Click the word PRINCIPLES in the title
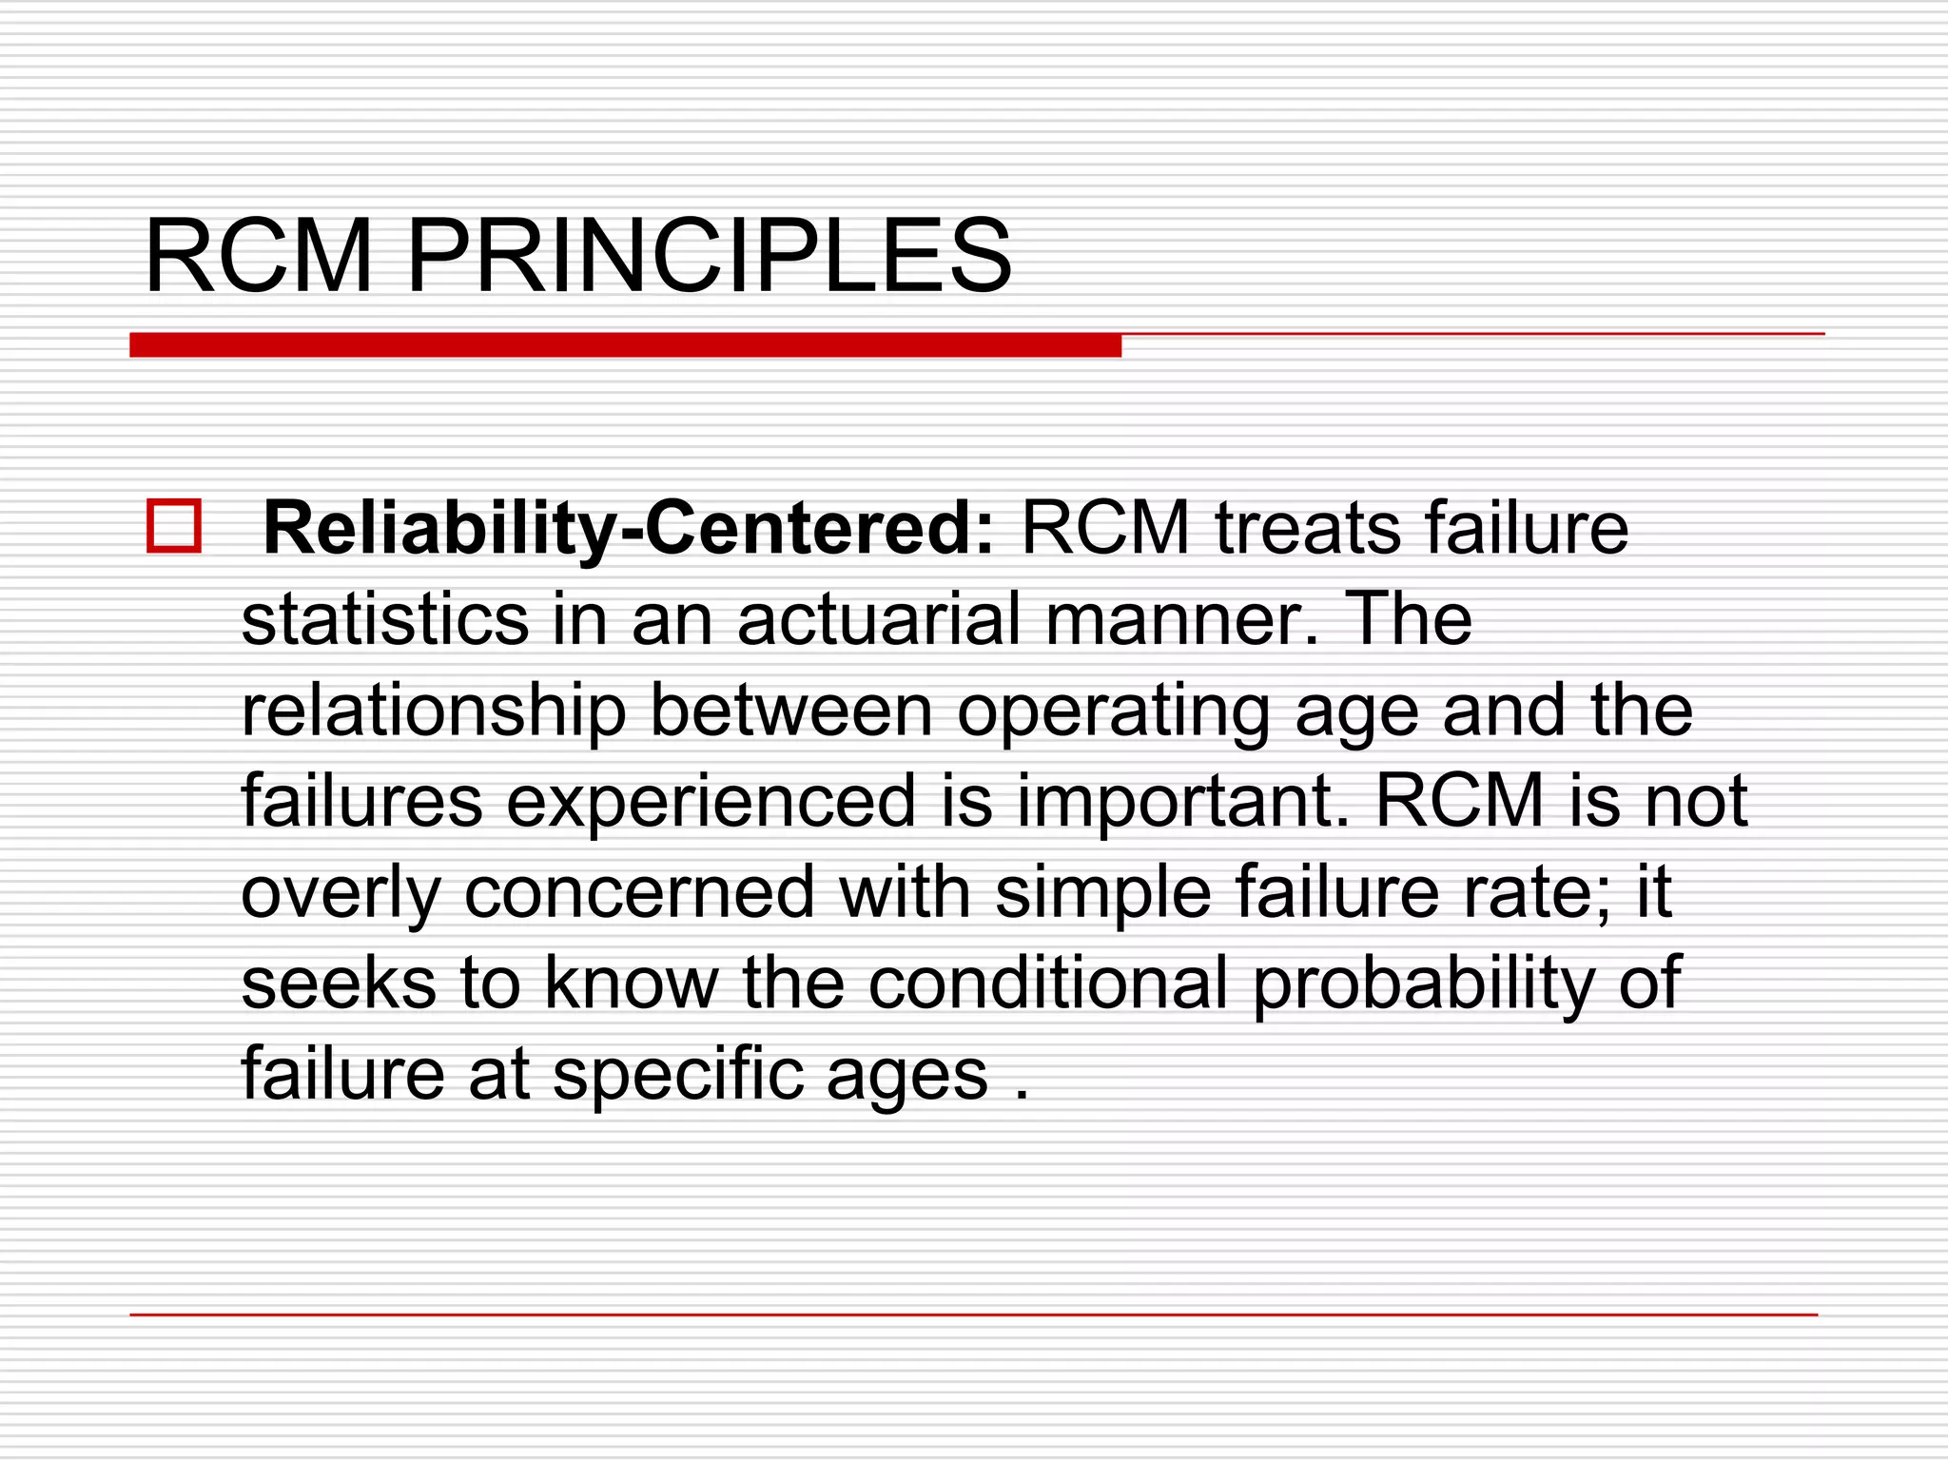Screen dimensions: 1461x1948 [709, 257]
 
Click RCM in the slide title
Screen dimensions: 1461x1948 [259, 257]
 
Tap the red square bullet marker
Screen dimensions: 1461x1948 [174, 526]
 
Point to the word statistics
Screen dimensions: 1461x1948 [385, 619]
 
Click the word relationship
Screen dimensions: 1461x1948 [434, 711]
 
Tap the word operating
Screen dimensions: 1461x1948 [1113, 711]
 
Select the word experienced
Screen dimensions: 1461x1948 [711, 802]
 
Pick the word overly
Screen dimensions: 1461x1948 [341, 894]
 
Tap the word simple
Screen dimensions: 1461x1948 [1102, 894]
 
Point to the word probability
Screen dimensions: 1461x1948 [1423, 984]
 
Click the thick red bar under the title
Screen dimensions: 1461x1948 [625, 345]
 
